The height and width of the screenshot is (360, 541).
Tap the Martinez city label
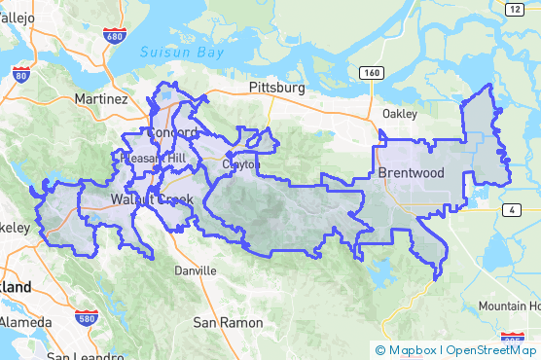coord(101,99)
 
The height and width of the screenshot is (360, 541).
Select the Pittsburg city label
coord(277,88)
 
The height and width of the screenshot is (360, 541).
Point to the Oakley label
coord(399,114)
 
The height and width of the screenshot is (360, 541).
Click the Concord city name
coord(172,132)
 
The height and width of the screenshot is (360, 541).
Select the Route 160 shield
coord(369,73)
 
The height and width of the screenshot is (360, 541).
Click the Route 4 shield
coord(510,209)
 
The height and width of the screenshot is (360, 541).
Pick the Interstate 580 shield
coord(85,317)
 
